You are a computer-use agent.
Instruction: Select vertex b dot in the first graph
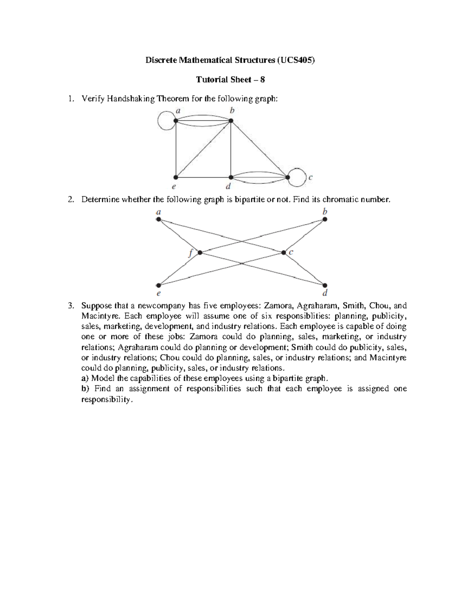(231, 121)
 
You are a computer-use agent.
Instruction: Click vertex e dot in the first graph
(176, 177)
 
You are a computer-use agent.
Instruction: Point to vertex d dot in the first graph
(231, 177)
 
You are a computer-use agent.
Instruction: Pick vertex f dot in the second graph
(200, 253)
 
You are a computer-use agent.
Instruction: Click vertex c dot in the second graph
(284, 253)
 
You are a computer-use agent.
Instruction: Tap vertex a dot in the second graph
(158, 220)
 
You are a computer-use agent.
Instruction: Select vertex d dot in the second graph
(325, 285)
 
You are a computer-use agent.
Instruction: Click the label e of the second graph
(158, 294)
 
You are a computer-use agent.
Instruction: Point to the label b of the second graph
(325, 211)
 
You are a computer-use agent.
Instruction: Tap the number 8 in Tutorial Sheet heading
(263, 79)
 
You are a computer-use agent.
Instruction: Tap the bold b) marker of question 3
(85, 389)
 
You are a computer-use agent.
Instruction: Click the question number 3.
(70, 306)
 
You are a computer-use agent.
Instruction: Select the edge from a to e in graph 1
(176, 150)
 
